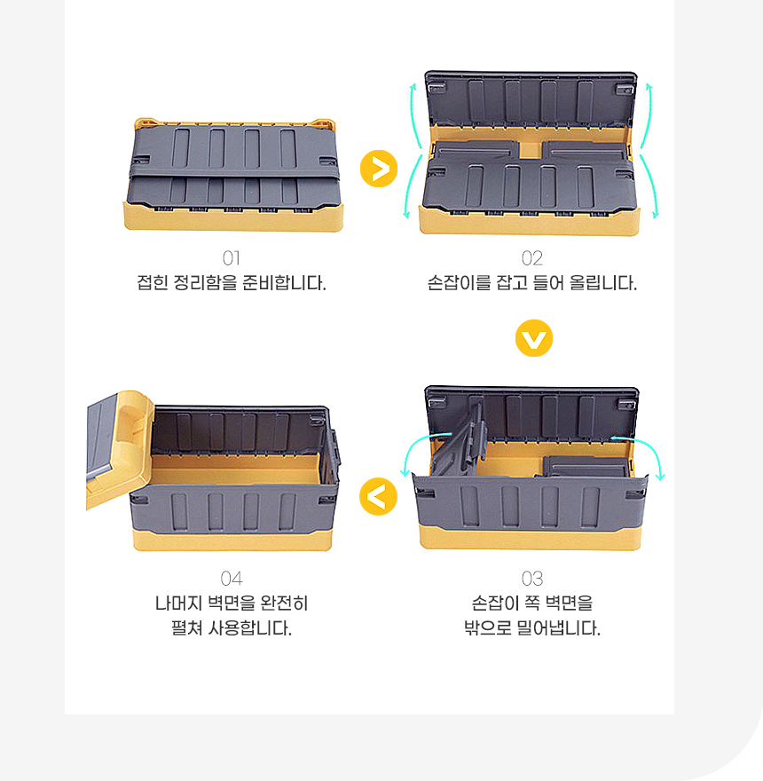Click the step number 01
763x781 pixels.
pos(231,258)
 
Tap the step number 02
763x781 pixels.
pos(532,258)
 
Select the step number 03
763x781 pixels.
pos(532,579)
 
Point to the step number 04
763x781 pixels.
pos(232,579)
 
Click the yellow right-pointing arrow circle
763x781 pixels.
pos(379,169)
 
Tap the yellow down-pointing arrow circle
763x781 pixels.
pos(534,338)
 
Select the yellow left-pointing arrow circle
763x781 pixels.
pos(379,497)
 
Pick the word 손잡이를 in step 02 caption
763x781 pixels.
pos(460,283)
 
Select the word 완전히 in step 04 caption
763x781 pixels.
pos(285,603)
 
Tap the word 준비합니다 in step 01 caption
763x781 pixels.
pos(284,283)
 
